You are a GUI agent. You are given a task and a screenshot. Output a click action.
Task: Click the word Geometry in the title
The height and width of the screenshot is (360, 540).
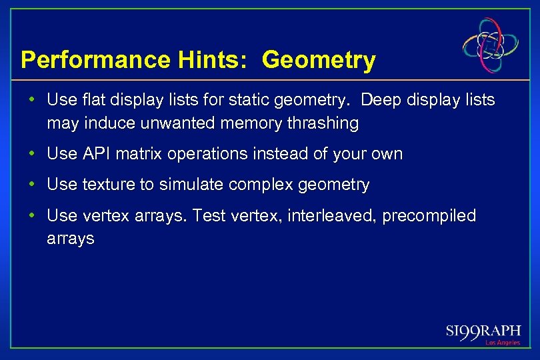tap(319, 61)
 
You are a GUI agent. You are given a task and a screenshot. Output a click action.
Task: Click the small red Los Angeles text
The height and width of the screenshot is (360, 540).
tap(502, 343)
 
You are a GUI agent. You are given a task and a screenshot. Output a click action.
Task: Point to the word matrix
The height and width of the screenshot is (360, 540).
tap(141, 154)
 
